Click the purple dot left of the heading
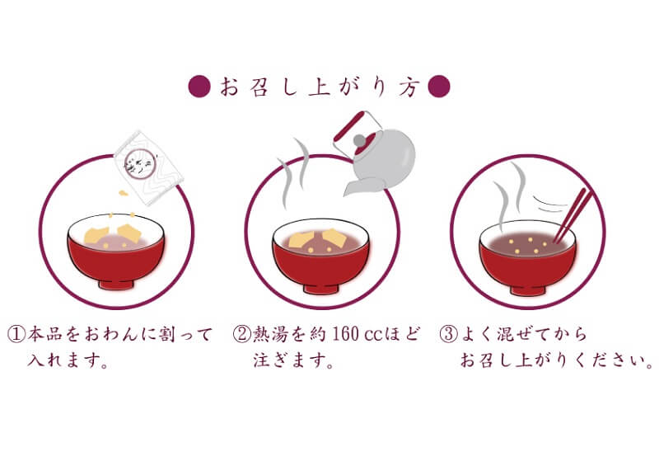pos(199,87)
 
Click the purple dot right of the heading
pos(439,87)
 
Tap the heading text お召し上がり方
pos(320,87)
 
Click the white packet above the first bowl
pos(149,167)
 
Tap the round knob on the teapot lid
pos(359,140)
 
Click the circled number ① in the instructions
pos(16,334)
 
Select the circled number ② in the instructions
pos(241,334)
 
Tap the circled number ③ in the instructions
pos(448,334)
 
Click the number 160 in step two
pos(345,334)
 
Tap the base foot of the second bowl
pos(321,289)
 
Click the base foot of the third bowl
pos(528,289)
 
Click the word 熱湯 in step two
pos(270,334)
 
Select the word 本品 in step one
pos(45,334)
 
